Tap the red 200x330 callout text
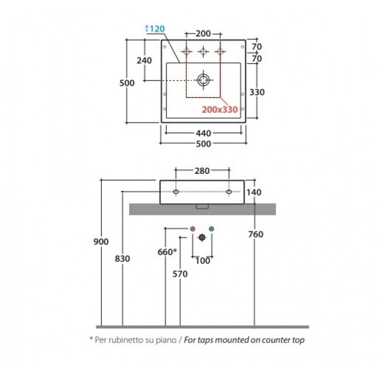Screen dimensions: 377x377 (220, 110)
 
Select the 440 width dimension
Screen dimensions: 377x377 (204, 133)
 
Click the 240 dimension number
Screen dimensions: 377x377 (144, 60)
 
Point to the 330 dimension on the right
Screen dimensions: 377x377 (257, 92)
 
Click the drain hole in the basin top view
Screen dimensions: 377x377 (204, 80)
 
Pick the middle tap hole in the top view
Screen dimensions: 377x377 (203, 51)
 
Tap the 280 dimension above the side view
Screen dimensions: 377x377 (202, 171)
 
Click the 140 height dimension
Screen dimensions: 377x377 (254, 192)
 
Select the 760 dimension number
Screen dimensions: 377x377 (256, 234)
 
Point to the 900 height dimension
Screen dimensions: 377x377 (101, 242)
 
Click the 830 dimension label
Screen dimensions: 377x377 (123, 259)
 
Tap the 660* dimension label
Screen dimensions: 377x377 (167, 252)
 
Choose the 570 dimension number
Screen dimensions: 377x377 (180, 274)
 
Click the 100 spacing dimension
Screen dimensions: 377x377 (203, 261)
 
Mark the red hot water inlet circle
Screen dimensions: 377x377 (193, 229)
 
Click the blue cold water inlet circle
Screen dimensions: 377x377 (211, 229)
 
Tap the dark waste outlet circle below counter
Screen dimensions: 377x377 (202, 238)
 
